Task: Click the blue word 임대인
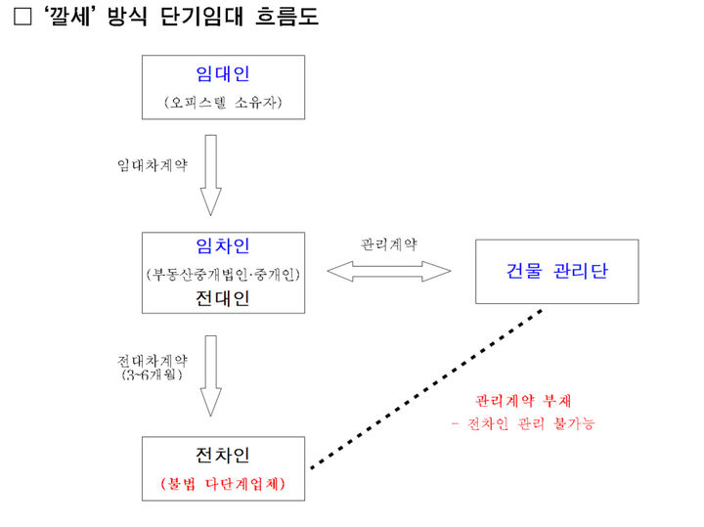pos(223,75)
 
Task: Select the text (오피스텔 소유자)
pos(223,103)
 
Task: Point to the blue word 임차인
pos(223,247)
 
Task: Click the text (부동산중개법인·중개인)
pos(223,274)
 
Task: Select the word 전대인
pos(223,298)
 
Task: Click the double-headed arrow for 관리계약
pos(389,272)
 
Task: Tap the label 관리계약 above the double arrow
pos(388,243)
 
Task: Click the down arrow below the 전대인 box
pos(211,375)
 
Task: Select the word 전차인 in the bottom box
pos(223,455)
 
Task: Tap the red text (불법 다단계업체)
pos(223,484)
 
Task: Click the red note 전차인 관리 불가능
pos(523,424)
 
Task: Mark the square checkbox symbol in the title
pos(22,18)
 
